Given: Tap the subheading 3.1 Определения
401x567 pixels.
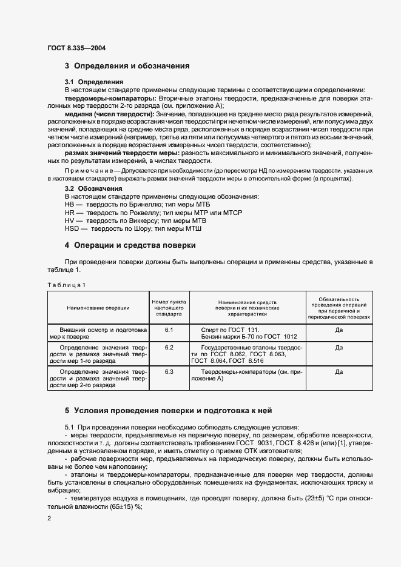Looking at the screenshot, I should (x=94, y=82).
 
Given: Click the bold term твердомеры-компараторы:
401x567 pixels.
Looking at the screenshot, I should (x=110, y=98).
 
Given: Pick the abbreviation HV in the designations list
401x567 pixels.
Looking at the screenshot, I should (x=69, y=222).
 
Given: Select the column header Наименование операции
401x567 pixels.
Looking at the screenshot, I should (x=98, y=308).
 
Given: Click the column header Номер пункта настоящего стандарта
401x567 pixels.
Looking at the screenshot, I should (x=169, y=308).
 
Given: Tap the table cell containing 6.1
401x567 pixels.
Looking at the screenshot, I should (x=169, y=330).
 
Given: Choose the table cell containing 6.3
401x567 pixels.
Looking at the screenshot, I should (x=169, y=371).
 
